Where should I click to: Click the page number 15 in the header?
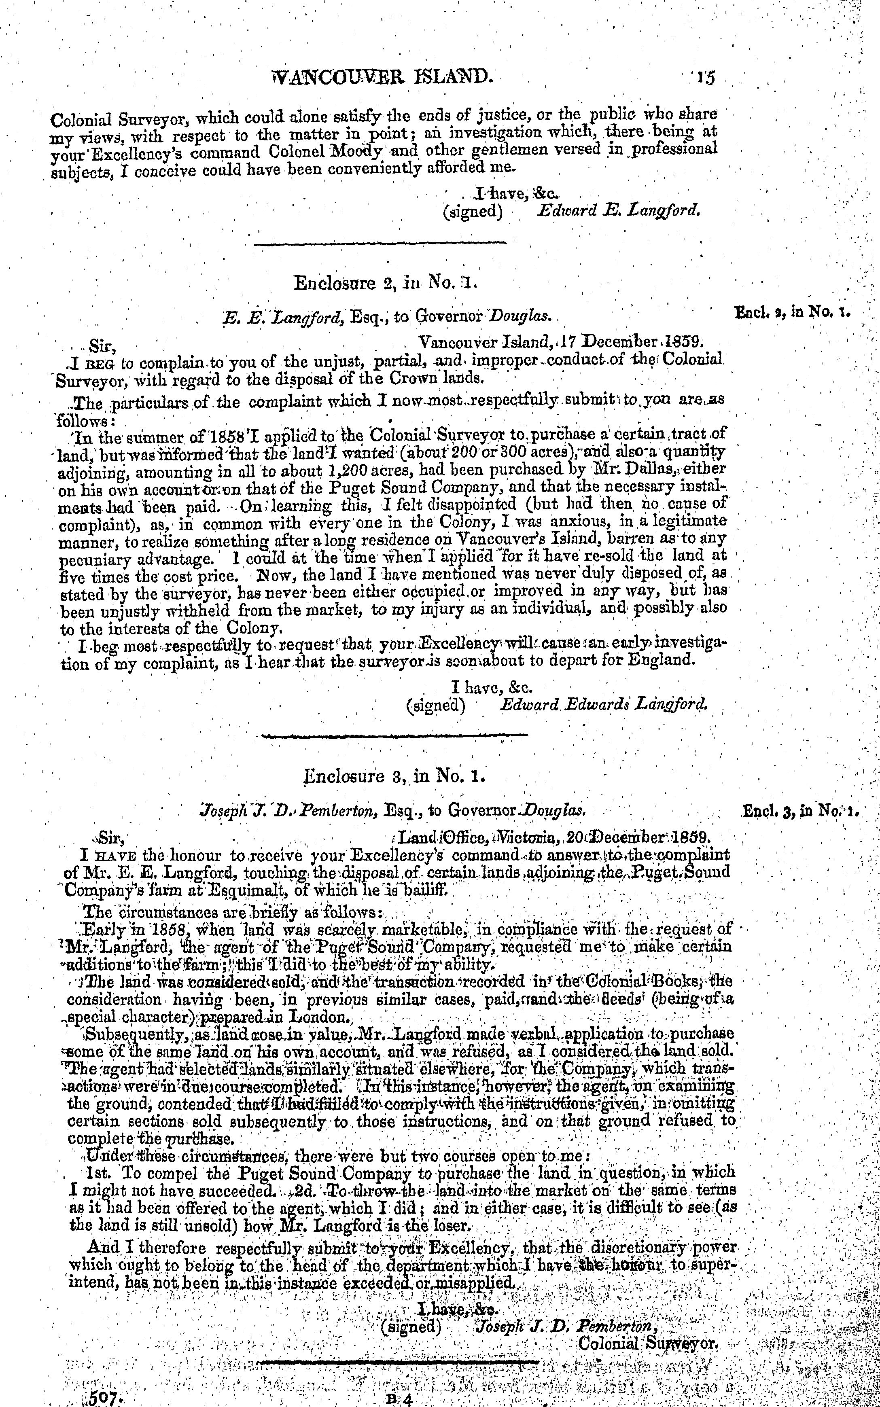[706, 77]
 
